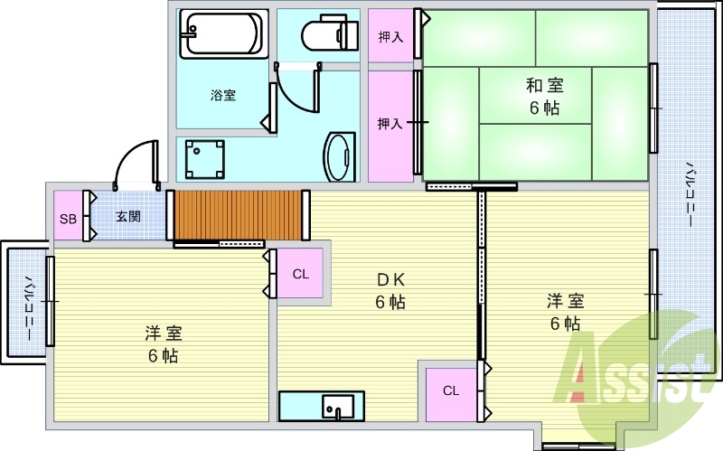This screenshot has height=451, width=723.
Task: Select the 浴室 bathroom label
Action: pyautogui.click(x=223, y=94)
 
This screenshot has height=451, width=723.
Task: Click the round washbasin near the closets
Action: pyautogui.click(x=341, y=156)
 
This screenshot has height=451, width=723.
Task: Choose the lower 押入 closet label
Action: pyautogui.click(x=390, y=124)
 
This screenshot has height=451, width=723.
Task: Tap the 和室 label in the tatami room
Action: pyautogui.click(x=545, y=87)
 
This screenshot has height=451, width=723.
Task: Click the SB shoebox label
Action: pyautogui.click(x=67, y=217)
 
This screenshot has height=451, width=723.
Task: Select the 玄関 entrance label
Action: pyautogui.click(x=127, y=217)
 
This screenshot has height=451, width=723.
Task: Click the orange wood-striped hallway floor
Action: pyautogui.click(x=238, y=214)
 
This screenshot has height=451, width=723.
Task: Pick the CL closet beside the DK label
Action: pyautogui.click(x=301, y=274)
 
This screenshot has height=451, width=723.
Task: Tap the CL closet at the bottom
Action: pyautogui.click(x=450, y=390)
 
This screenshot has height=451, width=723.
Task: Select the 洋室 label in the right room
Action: pyautogui.click(x=564, y=301)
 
